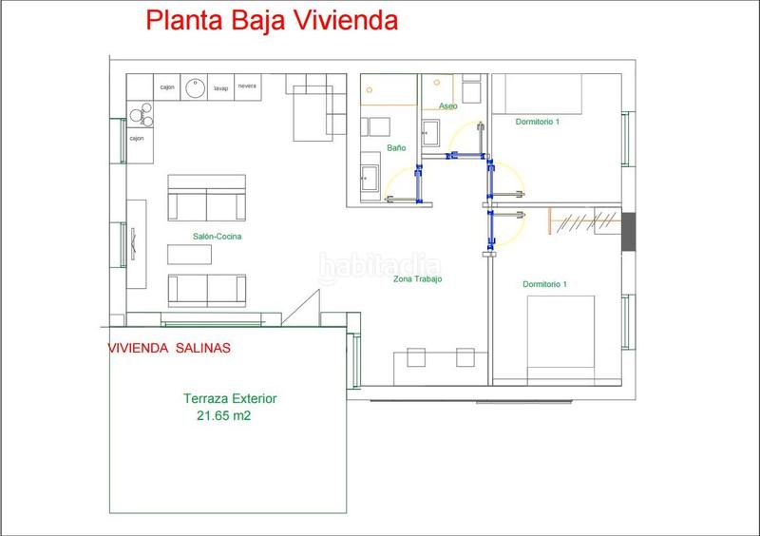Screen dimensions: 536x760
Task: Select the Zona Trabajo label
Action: point(419,279)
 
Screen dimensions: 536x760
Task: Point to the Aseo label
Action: point(447,106)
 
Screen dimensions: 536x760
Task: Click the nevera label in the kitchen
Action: point(247,86)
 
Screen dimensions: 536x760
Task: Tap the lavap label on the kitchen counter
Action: point(221,87)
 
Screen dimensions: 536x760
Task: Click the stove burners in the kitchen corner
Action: point(140,114)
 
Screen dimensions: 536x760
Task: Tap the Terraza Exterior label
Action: point(230,400)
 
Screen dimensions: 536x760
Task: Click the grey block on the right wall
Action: point(627,233)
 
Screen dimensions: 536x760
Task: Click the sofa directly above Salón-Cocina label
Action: point(207,198)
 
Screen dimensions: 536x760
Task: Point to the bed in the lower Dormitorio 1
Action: point(560,333)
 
